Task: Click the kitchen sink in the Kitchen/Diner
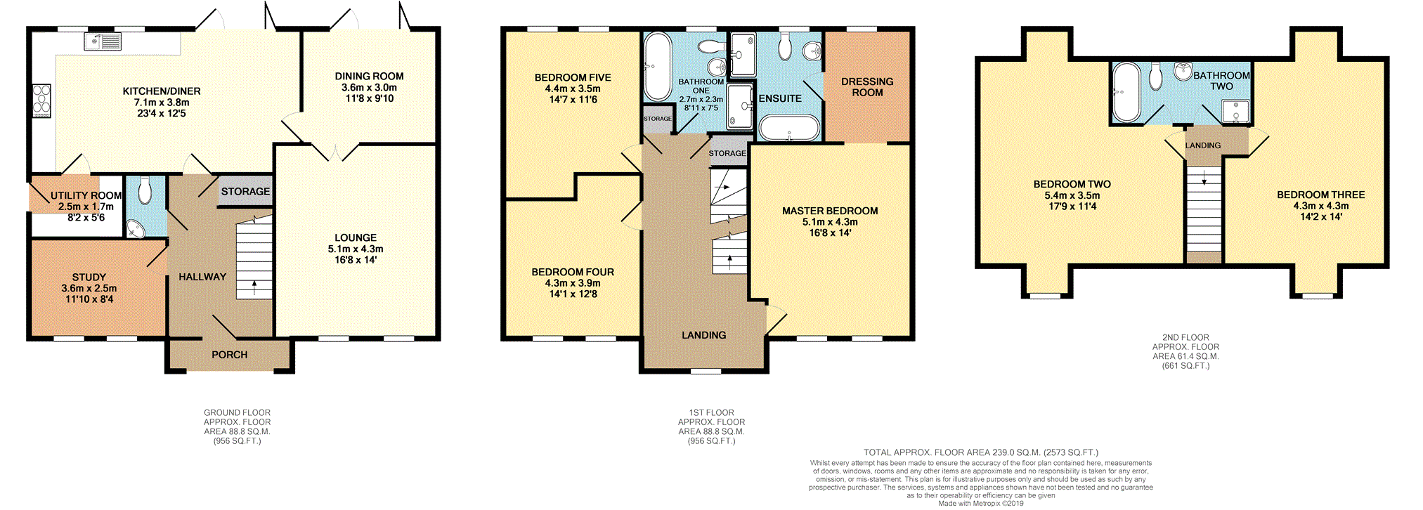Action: click(103, 41)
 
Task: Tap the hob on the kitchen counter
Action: click(41, 100)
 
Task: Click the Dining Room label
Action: click(369, 77)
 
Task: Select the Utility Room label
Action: click(86, 196)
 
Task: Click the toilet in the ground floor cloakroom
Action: click(145, 190)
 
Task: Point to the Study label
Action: click(89, 277)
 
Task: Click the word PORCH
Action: click(230, 355)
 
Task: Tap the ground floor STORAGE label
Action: click(245, 191)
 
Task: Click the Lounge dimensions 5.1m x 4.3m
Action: click(356, 249)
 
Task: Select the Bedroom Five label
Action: click(573, 78)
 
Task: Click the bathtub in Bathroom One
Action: click(658, 67)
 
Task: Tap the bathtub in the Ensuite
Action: click(789, 129)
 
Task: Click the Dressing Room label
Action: click(867, 87)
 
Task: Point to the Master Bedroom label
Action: click(830, 211)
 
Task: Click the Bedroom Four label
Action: click(573, 272)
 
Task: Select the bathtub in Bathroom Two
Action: click(1126, 92)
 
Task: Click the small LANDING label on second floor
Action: click(1203, 145)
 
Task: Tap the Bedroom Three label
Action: click(1320, 195)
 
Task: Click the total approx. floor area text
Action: click(980, 452)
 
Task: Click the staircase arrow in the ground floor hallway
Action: click(254, 285)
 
